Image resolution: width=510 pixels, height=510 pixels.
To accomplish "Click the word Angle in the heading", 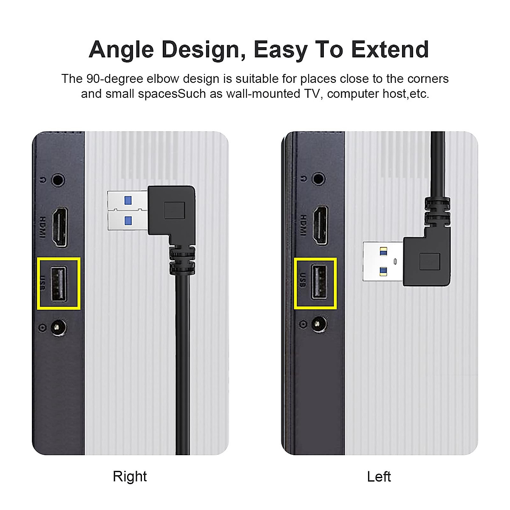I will coord(121,50).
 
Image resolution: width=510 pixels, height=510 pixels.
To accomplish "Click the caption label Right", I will coord(130,476).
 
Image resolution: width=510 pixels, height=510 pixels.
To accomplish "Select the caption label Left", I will coord(379,476).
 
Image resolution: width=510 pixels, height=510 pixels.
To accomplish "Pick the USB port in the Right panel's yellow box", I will coord(59,283).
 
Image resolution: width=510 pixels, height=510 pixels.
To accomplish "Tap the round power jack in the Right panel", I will coord(56,328).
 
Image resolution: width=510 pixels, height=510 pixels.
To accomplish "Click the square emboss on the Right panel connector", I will coord(174,210).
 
